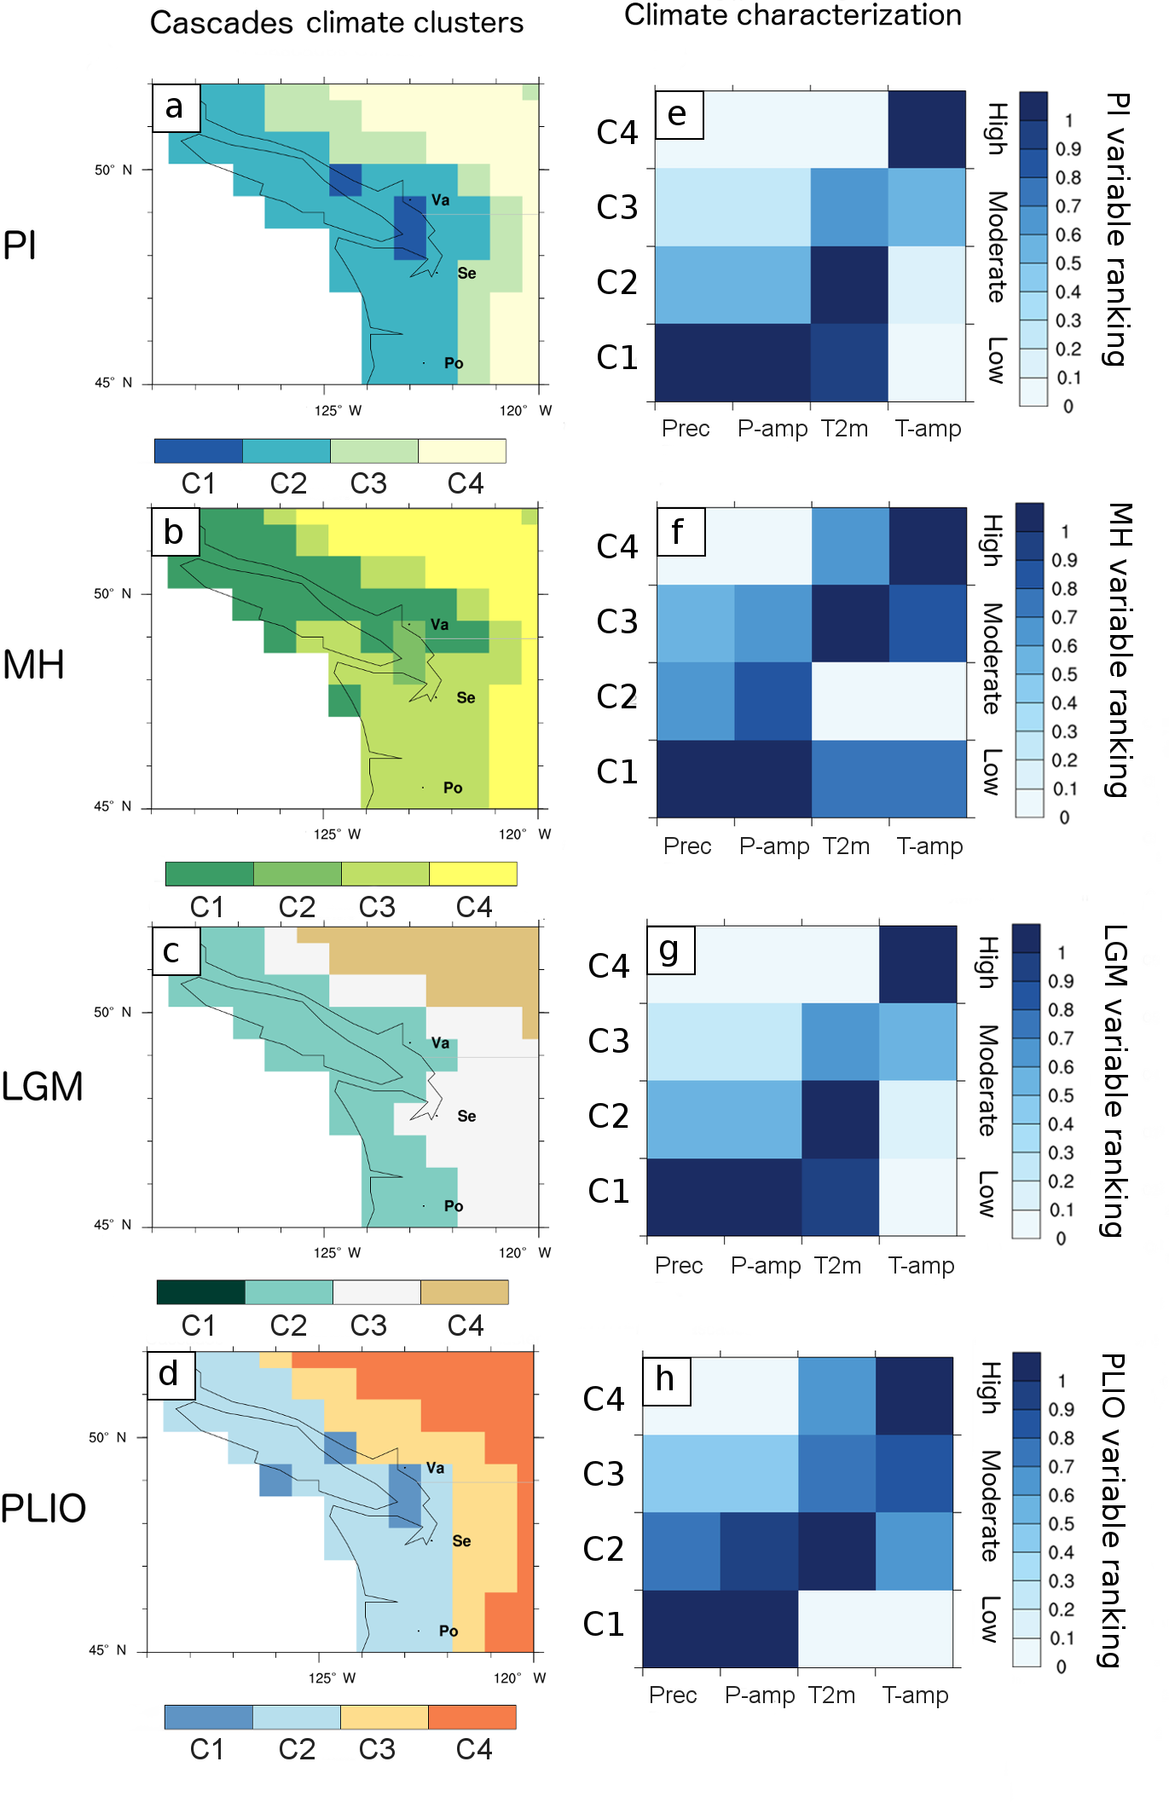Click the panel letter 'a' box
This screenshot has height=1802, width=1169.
[x=176, y=107]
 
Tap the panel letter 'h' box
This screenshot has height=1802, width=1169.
[x=666, y=1380]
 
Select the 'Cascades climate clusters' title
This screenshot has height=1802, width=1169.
[x=337, y=23]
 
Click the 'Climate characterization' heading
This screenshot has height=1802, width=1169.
[x=792, y=15]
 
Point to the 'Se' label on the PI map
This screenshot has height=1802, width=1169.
[x=466, y=274]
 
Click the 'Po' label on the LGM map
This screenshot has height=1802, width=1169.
[x=454, y=1206]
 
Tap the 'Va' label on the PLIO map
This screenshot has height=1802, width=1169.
[x=435, y=1468]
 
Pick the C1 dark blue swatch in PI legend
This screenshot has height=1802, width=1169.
[x=199, y=451]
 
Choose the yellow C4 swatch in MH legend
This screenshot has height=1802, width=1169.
[x=473, y=874]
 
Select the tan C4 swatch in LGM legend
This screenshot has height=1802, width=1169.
[x=465, y=1292]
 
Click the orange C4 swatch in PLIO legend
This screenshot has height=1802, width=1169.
[x=472, y=1717]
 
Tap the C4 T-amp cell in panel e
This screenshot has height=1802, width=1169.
[x=927, y=130]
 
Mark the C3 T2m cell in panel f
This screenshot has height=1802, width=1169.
[x=850, y=623]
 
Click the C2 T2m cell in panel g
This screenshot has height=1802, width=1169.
[x=840, y=1119]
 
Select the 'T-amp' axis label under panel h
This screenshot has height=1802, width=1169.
[x=915, y=1695]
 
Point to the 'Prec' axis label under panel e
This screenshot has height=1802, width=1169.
[x=686, y=429]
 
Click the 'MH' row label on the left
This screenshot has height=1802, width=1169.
[x=33, y=665]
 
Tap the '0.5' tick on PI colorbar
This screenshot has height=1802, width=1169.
[x=1068, y=263]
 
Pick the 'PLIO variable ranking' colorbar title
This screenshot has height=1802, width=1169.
[x=1113, y=1510]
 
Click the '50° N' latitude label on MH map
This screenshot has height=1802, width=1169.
[x=113, y=593]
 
